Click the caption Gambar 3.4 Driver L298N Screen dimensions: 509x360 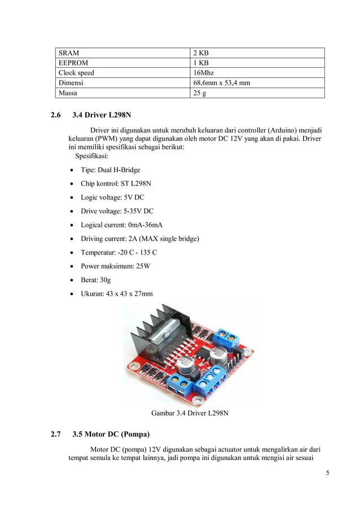point(190,413)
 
